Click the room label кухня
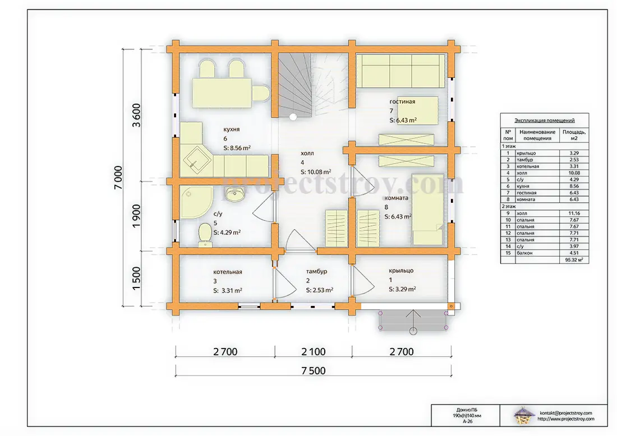(x=231, y=129)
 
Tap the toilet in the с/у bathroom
(x=205, y=235)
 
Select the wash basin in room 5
(x=235, y=193)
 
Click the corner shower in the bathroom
(x=196, y=202)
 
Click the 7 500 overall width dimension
(x=314, y=370)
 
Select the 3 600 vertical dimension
(x=136, y=115)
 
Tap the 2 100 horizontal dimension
(x=314, y=351)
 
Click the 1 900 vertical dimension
(x=136, y=215)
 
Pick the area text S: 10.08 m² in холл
(x=316, y=172)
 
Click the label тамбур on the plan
(x=316, y=271)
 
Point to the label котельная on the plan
(x=227, y=272)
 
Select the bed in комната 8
(x=428, y=210)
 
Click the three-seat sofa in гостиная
(x=400, y=71)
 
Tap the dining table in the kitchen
(x=222, y=93)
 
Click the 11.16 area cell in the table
(x=574, y=213)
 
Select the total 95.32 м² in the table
(x=574, y=260)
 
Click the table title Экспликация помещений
(x=545, y=120)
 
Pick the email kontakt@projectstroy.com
(x=566, y=413)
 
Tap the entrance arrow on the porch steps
(x=413, y=319)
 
